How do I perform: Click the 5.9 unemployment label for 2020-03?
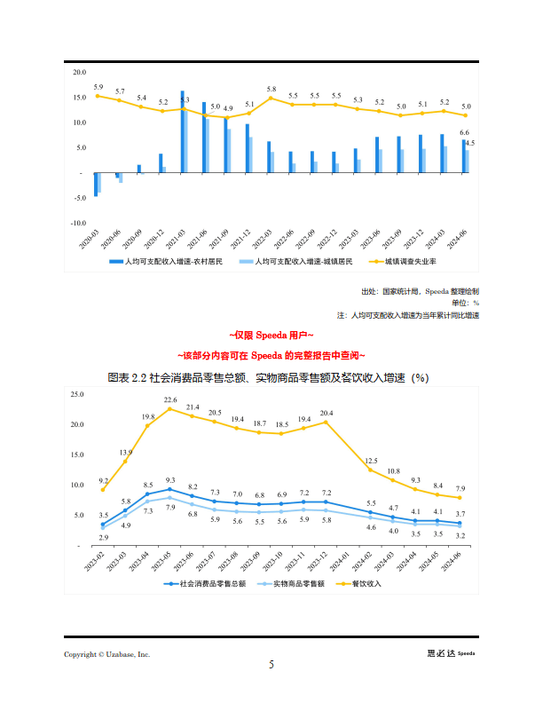[98, 87]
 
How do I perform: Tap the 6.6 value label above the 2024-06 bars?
[464, 132]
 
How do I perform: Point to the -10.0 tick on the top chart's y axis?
[78, 223]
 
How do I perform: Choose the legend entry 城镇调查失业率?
[410, 262]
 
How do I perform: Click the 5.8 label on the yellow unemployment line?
[271, 90]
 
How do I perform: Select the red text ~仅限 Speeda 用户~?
[271, 336]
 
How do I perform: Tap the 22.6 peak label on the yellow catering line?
[170, 400]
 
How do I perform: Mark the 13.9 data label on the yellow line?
[126, 453]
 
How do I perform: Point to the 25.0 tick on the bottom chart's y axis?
[78, 393]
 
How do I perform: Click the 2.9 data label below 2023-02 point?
[103, 538]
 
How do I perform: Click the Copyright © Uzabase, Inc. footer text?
[106, 654]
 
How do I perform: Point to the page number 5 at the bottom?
[271, 665]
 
